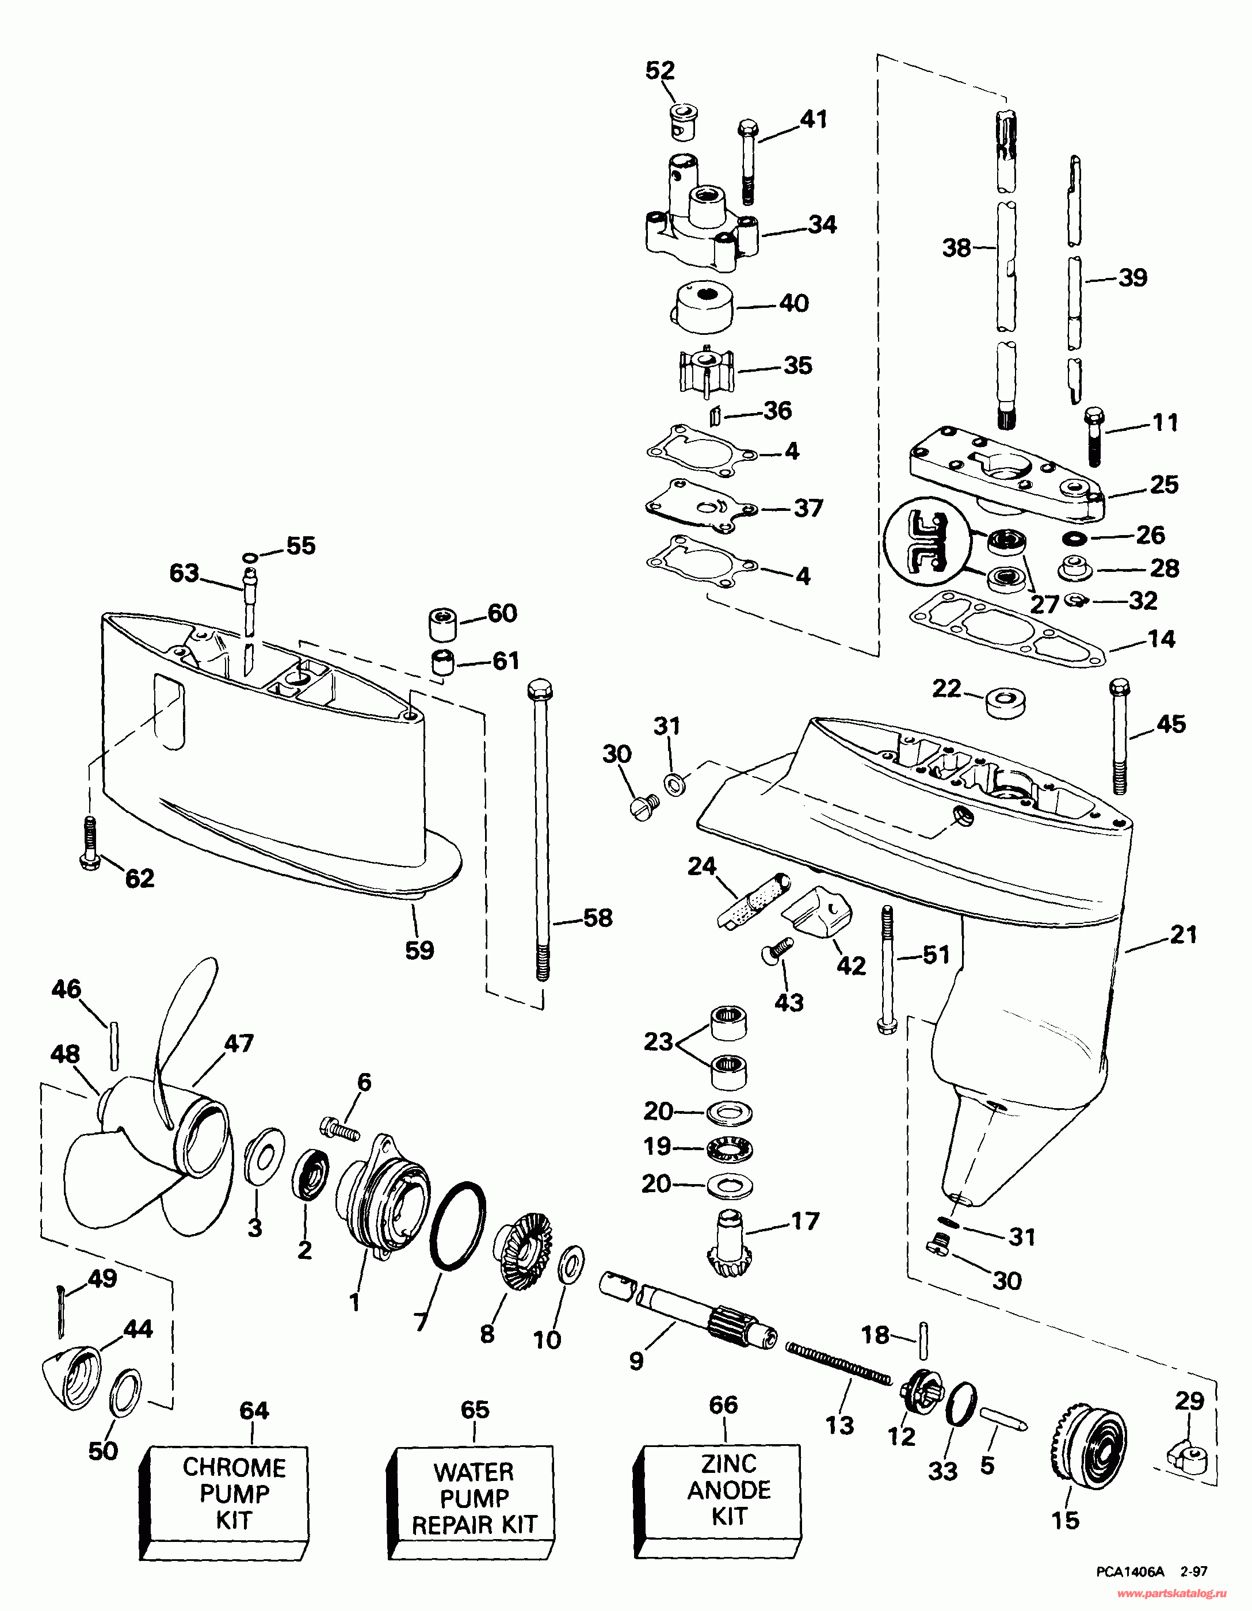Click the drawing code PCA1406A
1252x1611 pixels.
(1125, 1572)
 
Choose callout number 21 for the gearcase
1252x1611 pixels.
(1184, 934)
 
